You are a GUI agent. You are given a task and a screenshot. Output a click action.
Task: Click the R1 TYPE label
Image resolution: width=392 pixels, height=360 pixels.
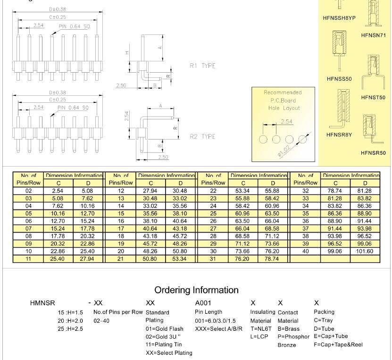point(202,66)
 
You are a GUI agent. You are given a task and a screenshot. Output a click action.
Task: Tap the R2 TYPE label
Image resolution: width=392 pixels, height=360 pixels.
point(202,137)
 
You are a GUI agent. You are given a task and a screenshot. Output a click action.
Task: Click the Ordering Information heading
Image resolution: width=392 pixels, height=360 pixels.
point(196,290)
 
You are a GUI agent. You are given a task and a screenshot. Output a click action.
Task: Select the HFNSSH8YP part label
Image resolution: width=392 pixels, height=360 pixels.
point(339,18)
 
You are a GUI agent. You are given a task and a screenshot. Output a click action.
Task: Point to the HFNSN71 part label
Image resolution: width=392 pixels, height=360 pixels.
point(373,35)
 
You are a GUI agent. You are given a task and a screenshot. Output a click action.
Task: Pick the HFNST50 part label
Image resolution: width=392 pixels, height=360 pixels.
point(373,98)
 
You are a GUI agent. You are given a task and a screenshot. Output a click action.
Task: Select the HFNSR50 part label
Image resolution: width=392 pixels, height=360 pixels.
point(373,153)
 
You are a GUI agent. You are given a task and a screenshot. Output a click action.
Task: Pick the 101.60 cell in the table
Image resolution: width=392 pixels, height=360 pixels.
point(364,251)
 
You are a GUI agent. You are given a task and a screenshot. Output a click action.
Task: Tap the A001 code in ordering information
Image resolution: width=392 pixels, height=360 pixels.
point(203,302)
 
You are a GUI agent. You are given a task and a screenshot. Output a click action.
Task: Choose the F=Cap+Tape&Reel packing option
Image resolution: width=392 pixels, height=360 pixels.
point(338,344)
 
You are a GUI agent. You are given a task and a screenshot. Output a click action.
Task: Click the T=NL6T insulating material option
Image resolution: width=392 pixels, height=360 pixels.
point(260,328)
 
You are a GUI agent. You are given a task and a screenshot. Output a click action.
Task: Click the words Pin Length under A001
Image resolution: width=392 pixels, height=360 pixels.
point(209,312)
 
